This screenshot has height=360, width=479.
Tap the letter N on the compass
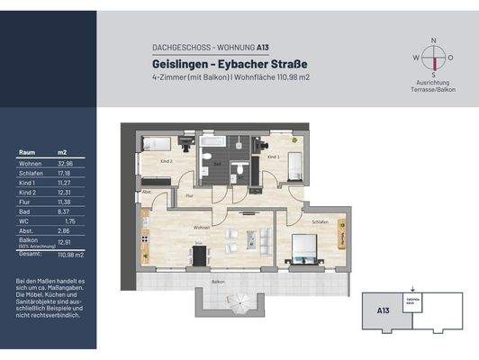[x=435, y=40]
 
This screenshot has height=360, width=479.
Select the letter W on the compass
[x=415, y=57]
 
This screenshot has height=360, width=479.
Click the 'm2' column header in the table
[x=62, y=152]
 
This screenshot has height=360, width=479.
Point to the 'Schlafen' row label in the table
[x=30, y=173]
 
